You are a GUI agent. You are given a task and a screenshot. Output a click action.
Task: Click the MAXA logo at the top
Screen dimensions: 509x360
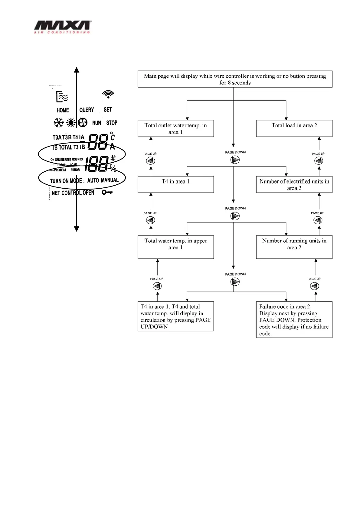click(x=62, y=27)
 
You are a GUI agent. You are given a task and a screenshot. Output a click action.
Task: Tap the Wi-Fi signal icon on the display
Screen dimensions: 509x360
click(x=108, y=94)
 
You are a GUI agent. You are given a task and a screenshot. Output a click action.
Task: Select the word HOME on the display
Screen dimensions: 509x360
click(x=63, y=110)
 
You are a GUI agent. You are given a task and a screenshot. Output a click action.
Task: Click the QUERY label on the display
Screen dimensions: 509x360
click(x=87, y=110)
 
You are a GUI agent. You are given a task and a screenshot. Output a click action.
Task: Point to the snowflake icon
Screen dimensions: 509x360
click(x=58, y=123)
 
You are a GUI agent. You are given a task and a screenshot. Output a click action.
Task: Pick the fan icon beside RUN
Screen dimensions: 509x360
click(x=83, y=123)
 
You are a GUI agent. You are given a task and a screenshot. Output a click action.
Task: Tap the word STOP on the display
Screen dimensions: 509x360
click(x=112, y=123)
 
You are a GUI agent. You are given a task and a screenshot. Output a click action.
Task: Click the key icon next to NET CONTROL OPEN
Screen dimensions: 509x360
click(x=107, y=192)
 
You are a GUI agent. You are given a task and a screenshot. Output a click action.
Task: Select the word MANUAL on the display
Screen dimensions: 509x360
click(x=110, y=180)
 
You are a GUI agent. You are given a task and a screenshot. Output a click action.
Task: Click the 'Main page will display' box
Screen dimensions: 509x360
click(x=235, y=79)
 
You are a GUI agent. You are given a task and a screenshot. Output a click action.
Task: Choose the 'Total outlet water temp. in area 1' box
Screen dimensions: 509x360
click(x=175, y=128)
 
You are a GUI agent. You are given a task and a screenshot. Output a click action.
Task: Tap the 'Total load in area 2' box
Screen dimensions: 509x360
click(x=294, y=128)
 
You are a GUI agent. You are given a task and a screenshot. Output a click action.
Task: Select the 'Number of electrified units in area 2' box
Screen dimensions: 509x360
click(x=294, y=184)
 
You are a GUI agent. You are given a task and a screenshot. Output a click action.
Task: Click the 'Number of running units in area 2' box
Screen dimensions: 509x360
click(x=294, y=247)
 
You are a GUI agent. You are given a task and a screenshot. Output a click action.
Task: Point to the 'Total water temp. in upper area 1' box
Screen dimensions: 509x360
click(x=175, y=247)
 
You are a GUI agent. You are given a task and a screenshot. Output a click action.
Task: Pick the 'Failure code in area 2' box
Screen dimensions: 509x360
click(x=294, y=319)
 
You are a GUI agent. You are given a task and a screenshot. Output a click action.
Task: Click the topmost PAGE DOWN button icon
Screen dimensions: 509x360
click(x=235, y=160)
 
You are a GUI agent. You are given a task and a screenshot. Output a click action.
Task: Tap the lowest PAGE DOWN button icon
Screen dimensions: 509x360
click(x=235, y=282)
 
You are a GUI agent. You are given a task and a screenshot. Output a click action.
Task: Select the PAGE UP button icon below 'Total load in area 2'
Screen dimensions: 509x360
click(x=318, y=161)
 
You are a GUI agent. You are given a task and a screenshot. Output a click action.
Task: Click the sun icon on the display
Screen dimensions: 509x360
click(x=71, y=123)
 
